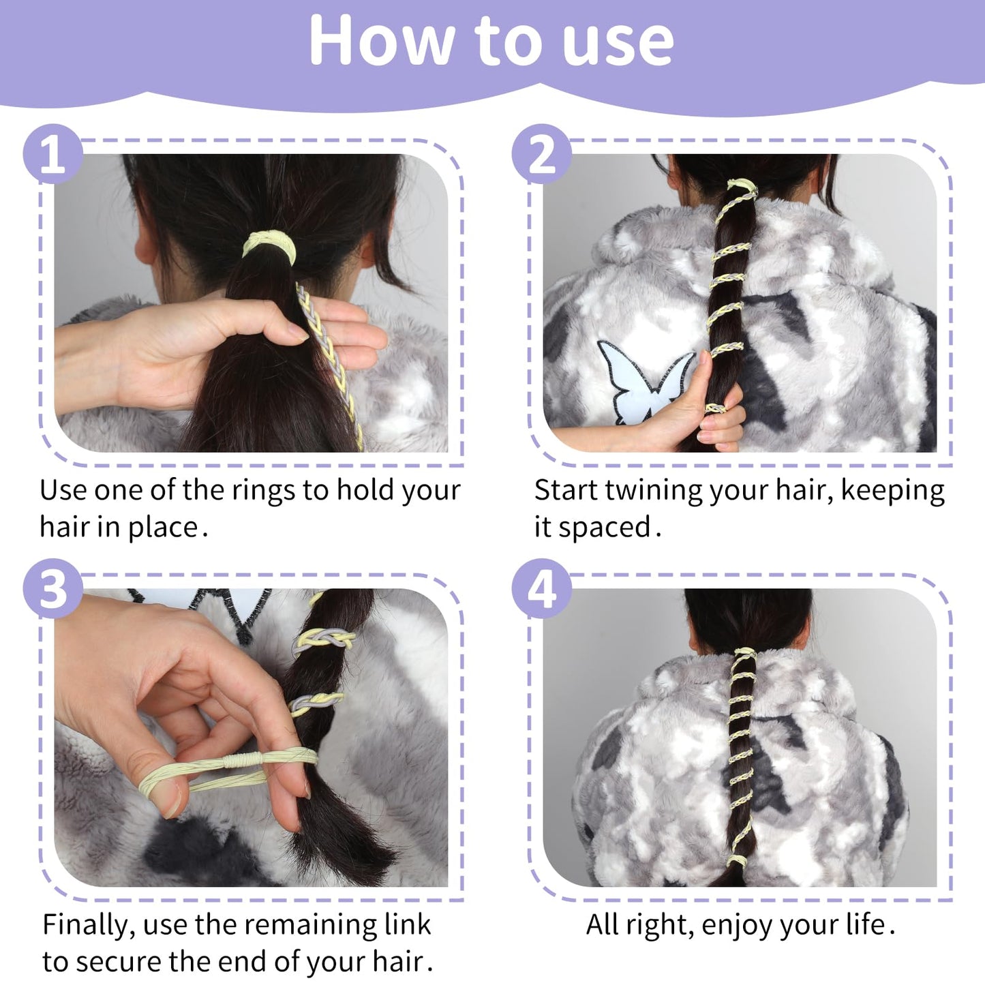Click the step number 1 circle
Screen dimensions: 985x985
click(52, 154)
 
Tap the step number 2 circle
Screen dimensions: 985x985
click(541, 154)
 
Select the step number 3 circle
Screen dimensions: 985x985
click(52, 588)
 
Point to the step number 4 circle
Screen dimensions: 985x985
click(541, 588)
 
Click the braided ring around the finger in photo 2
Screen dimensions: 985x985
click(715, 408)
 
